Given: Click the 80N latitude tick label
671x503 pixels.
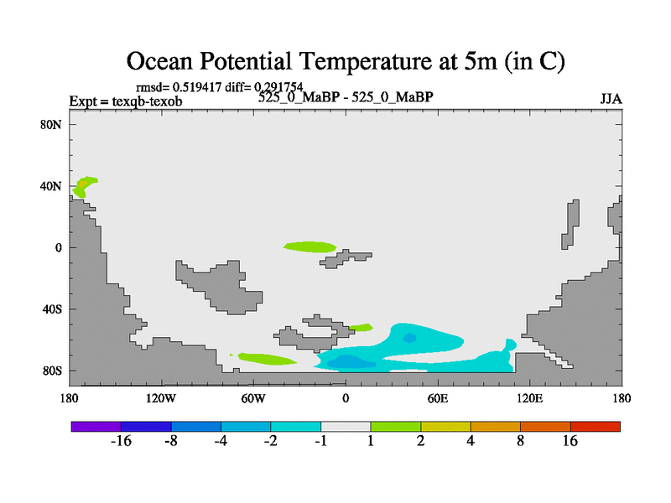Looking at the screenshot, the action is point(51,125).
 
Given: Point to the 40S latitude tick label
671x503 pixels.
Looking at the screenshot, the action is point(52,309).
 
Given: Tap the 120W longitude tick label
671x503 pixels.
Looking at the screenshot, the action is point(160,399).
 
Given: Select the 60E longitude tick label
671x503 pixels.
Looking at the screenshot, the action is point(438,399).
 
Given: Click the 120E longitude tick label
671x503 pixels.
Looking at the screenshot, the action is point(530,399).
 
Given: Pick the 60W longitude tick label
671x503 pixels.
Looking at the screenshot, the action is point(253,399).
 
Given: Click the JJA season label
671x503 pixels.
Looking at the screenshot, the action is point(611,99).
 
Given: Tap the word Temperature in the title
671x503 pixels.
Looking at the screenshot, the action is point(365,61).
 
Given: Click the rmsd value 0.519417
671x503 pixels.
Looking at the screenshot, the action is point(197,87).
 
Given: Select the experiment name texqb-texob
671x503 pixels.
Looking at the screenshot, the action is point(148,101).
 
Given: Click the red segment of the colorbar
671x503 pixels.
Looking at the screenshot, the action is point(596,427).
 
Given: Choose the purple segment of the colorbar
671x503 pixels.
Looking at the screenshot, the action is point(96,427).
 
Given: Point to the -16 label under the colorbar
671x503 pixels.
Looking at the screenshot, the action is point(121,441).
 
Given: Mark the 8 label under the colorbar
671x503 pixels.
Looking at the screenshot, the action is point(520,441).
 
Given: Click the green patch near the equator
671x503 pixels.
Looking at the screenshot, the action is point(310,246).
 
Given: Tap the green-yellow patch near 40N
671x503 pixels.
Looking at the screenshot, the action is point(85,186).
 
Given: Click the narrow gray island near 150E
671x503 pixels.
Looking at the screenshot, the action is point(571,224).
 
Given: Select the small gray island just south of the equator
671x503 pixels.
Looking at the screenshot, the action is point(346,259).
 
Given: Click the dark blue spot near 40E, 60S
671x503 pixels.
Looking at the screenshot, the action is point(409,338).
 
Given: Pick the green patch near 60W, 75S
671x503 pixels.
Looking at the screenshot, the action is point(266,359).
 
